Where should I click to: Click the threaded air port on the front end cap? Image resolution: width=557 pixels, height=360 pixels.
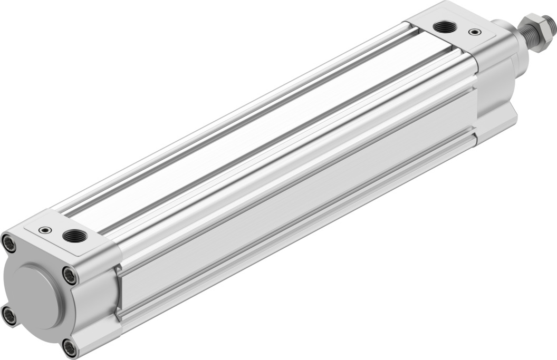(440, 26)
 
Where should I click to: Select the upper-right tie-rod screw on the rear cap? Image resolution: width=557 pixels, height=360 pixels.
(69, 275)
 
